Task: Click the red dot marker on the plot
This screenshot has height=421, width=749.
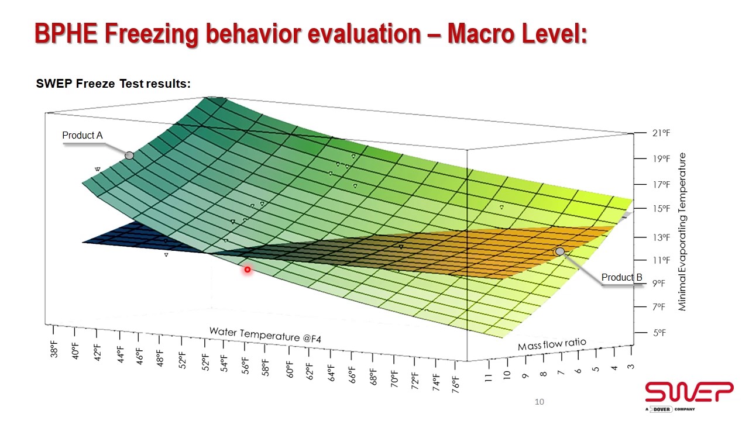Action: (248, 270)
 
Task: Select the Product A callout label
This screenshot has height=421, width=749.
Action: (83, 136)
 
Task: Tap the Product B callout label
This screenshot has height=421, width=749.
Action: (622, 277)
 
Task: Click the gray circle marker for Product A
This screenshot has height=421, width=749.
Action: (129, 156)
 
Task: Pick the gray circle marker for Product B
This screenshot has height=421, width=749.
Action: (560, 251)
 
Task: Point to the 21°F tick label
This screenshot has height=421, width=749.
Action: (661, 133)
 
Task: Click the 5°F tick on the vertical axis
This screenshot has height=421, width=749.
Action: (661, 333)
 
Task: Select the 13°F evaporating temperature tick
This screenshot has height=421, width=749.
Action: (661, 237)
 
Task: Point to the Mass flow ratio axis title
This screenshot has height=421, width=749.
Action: (551, 344)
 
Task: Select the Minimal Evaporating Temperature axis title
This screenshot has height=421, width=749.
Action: (682, 232)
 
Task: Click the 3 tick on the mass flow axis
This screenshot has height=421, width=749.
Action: (630, 366)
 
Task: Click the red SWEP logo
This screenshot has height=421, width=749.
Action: (689, 392)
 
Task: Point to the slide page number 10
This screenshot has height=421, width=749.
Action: (540, 402)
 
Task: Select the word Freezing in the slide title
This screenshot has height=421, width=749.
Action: (152, 34)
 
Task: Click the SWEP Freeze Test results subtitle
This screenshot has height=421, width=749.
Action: (114, 84)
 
